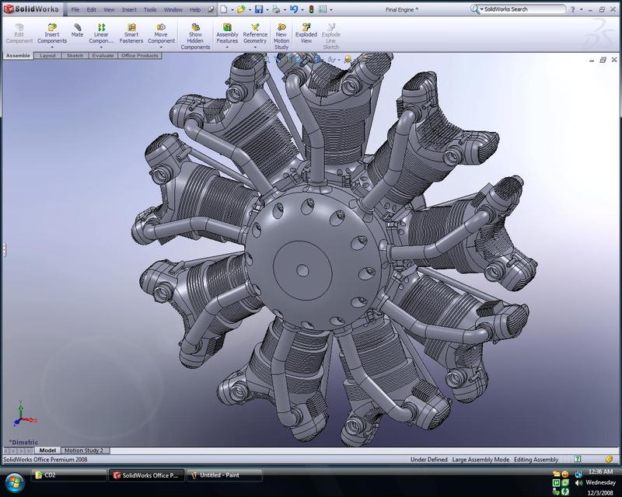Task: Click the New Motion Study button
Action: coord(281,36)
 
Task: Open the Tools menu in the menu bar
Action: coord(150,10)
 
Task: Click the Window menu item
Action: coord(173,10)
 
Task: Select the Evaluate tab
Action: coord(103,56)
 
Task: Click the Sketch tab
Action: coord(75,56)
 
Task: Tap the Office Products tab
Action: coord(140,56)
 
